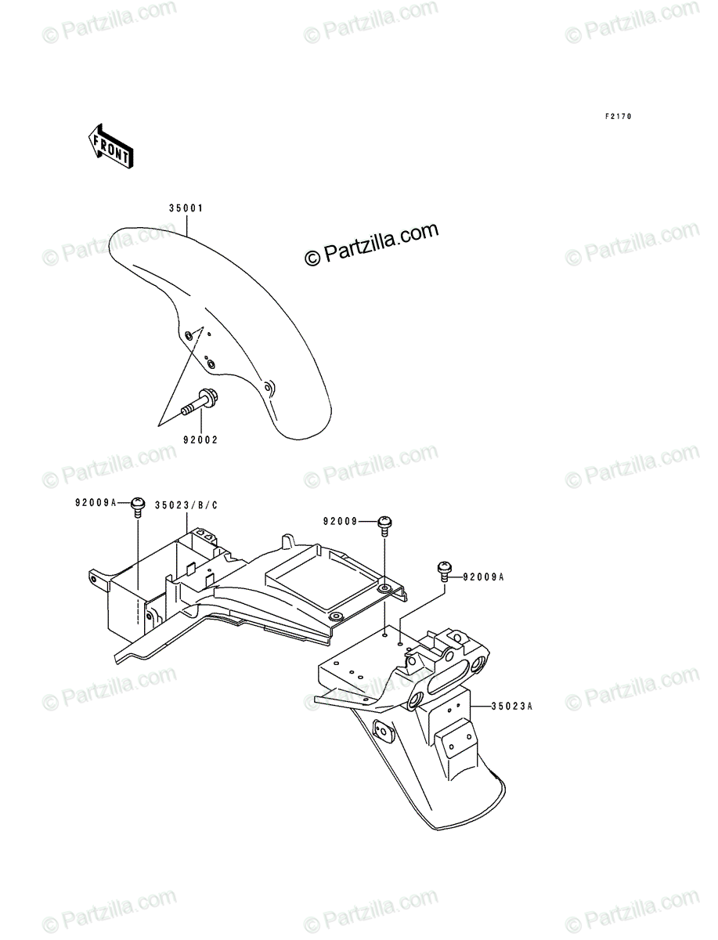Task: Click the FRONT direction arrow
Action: tap(111, 146)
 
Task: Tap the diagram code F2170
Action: tap(619, 116)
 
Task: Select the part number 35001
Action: tap(186, 208)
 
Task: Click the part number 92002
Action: tap(200, 439)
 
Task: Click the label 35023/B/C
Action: tap(186, 505)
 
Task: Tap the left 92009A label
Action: tap(96, 502)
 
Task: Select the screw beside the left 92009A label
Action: tap(137, 507)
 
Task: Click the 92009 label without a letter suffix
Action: tap(340, 521)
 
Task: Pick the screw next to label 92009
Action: tap(384, 526)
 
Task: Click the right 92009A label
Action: tap(484, 577)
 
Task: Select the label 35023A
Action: tap(512, 707)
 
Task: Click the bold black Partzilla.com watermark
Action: tap(371, 244)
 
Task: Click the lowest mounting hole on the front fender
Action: tap(268, 388)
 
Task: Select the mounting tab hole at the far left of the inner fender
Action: tap(93, 578)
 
